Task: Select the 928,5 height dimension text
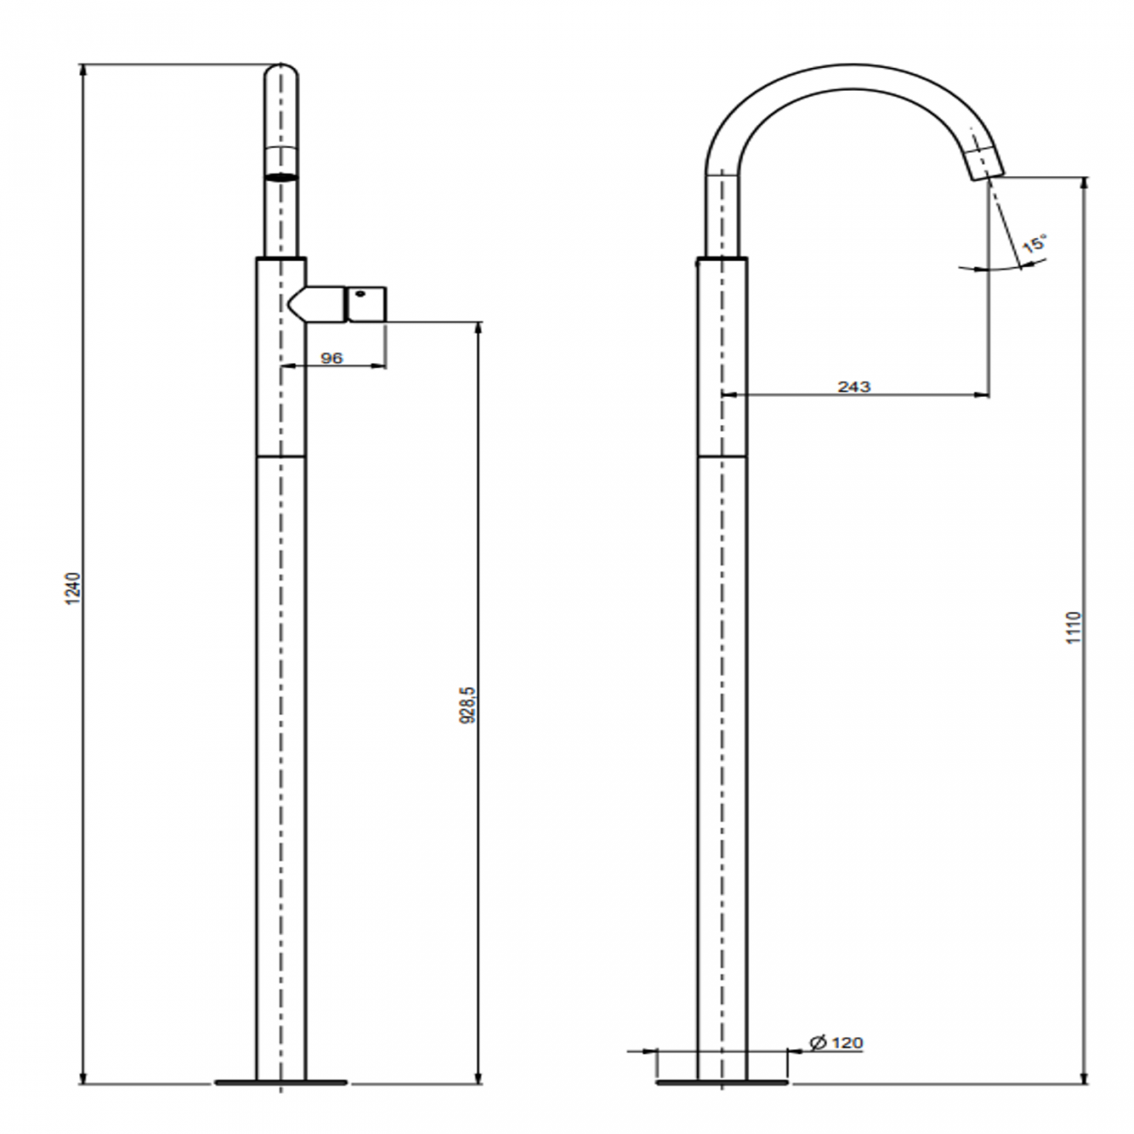(468, 704)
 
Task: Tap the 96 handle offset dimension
(332, 358)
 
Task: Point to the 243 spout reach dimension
(854, 386)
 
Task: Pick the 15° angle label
(1035, 243)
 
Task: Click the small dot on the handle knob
(359, 295)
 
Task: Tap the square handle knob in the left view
(366, 304)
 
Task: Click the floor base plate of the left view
(281, 1083)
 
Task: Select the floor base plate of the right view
(721, 1083)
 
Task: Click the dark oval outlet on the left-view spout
(281, 177)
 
